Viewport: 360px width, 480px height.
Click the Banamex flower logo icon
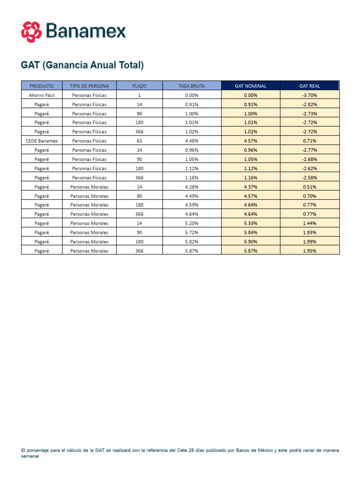(x=31, y=31)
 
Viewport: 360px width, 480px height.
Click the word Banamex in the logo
(x=86, y=32)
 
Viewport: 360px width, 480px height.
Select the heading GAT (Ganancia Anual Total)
(x=82, y=65)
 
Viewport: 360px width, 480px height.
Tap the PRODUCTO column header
(x=42, y=86)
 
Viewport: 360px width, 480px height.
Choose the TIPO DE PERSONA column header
(x=89, y=86)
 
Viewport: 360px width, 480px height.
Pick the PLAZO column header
(x=139, y=86)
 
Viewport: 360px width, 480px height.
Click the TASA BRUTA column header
(x=192, y=86)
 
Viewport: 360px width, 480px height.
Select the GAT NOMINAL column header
(x=250, y=86)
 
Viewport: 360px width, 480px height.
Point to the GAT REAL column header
(x=309, y=86)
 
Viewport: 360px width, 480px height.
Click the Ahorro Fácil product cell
(x=42, y=95)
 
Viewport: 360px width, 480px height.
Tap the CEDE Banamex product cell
(x=42, y=141)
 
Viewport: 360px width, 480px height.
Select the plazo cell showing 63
(x=139, y=141)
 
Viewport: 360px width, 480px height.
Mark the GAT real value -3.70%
(x=309, y=95)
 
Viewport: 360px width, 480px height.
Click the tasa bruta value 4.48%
(x=192, y=141)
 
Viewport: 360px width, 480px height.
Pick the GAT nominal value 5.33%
(x=250, y=223)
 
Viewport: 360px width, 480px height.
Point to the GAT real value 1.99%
(x=309, y=241)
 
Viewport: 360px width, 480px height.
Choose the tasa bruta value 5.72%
(x=192, y=232)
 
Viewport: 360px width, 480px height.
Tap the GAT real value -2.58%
(x=309, y=178)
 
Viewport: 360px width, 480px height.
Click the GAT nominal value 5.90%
(x=250, y=241)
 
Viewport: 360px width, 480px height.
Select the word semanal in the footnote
(x=30, y=456)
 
